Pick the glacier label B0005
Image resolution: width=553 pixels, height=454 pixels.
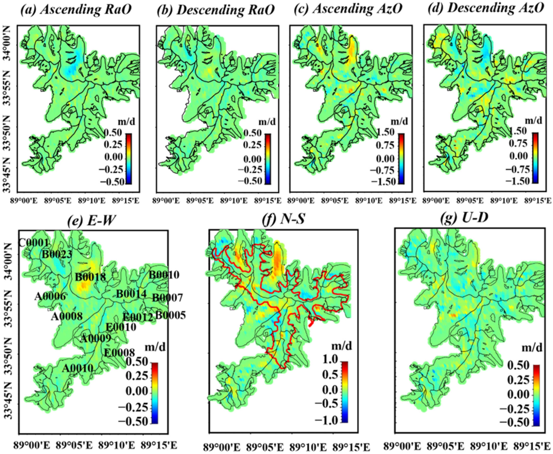pos(170,315)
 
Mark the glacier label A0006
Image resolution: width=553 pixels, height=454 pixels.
pos(50,297)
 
